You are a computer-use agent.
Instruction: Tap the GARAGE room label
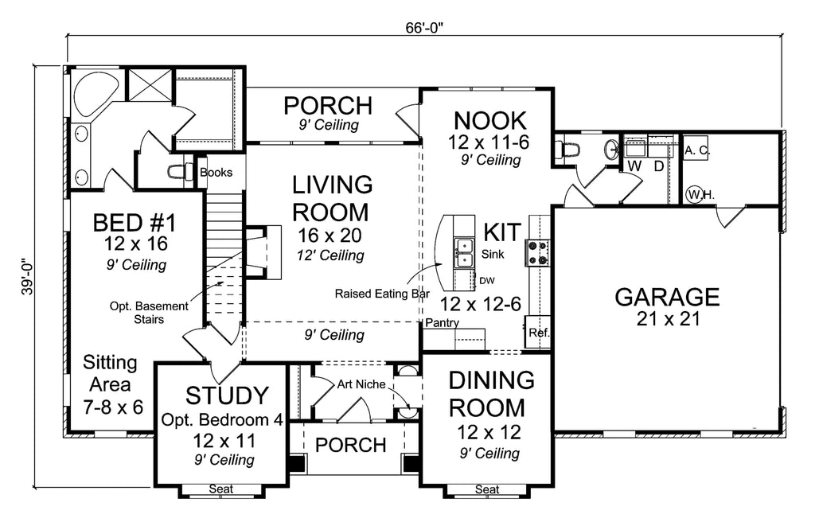pos(667,298)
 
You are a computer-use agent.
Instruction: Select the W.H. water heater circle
pos(694,193)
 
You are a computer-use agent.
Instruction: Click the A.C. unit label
pos(696,150)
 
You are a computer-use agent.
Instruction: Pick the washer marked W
pos(634,166)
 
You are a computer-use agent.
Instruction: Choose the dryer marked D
pos(658,166)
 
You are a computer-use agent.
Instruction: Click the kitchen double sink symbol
pos(464,253)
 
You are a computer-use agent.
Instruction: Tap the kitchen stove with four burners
pos(534,253)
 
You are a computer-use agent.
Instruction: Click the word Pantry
pos(440,323)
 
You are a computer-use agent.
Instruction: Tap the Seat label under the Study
pos(220,489)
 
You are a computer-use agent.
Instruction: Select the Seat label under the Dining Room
pos(486,489)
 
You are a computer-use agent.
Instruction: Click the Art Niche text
pos(361,384)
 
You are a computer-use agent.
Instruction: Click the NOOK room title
pos(489,121)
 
